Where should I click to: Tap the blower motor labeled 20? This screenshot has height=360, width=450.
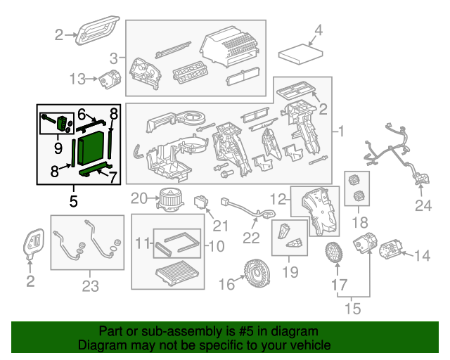point(169,198)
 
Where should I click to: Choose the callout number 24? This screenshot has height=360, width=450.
point(421,206)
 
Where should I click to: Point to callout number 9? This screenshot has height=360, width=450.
point(58,148)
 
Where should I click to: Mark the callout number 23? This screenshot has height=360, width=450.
point(90,285)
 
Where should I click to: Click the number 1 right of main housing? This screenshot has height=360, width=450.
point(342,131)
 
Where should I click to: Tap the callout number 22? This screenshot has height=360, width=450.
point(251,238)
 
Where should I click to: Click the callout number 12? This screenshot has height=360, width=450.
point(278,198)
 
